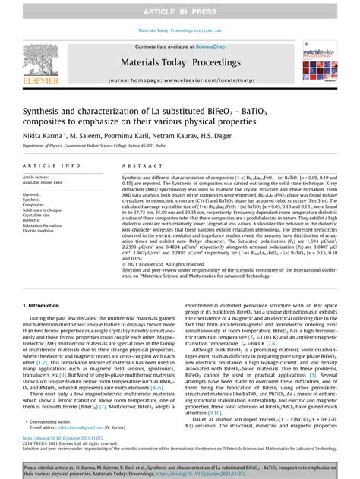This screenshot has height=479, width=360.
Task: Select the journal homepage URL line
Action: click(x=180, y=80)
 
